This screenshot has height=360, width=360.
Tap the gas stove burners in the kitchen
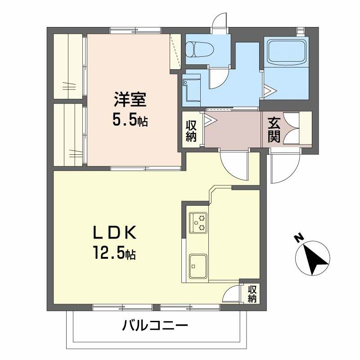(198, 222)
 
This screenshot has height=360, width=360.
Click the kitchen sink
(198, 266)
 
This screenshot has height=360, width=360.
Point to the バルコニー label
(154, 325)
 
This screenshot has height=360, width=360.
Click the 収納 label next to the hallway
(192, 130)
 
